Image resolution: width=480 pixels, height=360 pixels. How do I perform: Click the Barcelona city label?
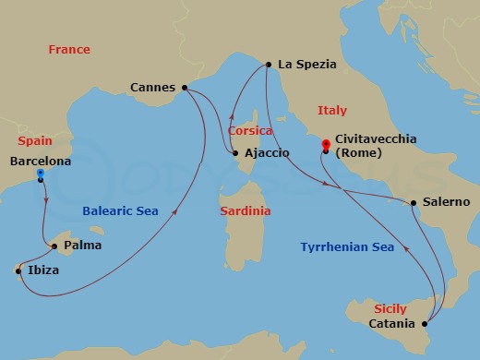click(x=39, y=161)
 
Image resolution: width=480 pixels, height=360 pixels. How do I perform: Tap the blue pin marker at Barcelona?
click(x=41, y=174)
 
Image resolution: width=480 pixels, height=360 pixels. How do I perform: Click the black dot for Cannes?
click(x=185, y=88)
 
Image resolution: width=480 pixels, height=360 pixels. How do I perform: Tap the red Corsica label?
click(x=250, y=131)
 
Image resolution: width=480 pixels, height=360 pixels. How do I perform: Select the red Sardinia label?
click(x=246, y=211)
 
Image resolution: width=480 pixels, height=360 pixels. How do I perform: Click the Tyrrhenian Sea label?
click(x=347, y=246)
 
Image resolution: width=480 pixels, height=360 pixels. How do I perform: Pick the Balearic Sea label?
click(x=120, y=211)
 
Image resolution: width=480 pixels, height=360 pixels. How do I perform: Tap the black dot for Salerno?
click(x=413, y=202)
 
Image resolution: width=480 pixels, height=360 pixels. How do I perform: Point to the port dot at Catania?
click(x=424, y=324)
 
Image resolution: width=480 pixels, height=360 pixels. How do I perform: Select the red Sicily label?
click(x=390, y=308)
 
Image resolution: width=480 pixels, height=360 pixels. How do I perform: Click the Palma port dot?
click(x=54, y=246)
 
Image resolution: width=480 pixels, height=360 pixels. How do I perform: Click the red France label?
click(x=69, y=50)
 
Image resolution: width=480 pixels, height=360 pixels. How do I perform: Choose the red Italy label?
click(x=332, y=110)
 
